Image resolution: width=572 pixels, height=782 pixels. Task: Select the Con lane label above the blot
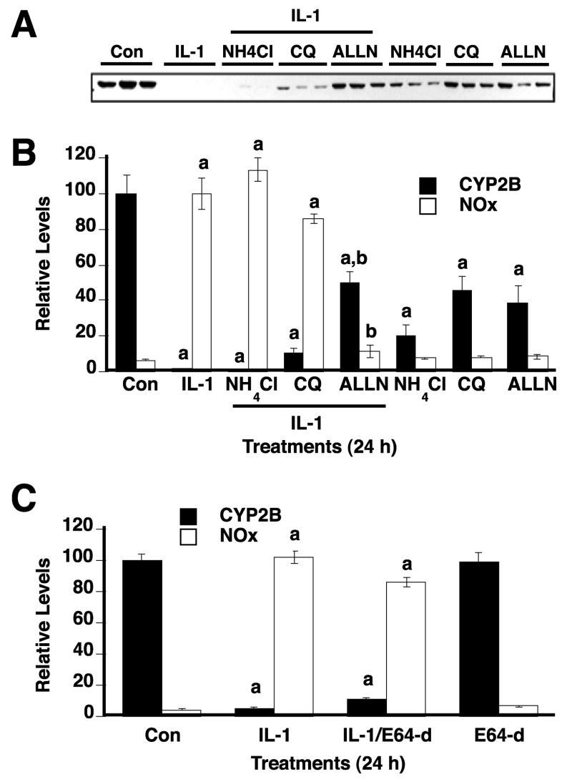(x=126, y=52)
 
